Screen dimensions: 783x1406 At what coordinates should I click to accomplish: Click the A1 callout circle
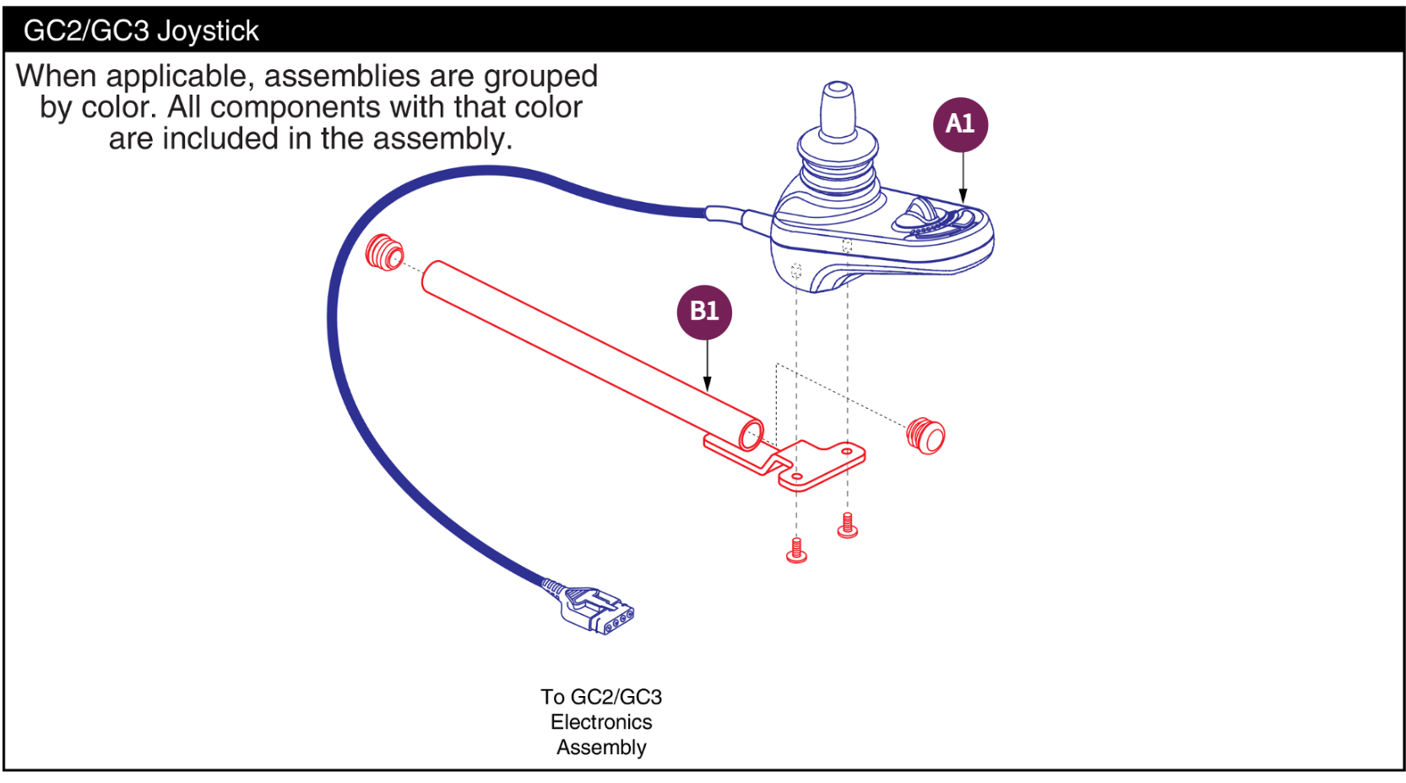point(960,124)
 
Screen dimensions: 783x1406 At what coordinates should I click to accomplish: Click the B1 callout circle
point(704,312)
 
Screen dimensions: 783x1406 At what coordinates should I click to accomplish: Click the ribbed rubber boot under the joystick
point(837,166)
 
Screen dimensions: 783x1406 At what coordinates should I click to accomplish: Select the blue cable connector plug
point(598,610)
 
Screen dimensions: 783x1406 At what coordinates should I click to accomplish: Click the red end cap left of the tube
point(384,252)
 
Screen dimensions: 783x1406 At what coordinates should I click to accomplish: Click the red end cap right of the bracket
point(926,435)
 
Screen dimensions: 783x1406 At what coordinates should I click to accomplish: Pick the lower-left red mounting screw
point(796,551)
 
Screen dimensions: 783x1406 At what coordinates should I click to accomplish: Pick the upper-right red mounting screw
point(848,525)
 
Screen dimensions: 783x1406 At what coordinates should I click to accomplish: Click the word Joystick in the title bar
point(208,30)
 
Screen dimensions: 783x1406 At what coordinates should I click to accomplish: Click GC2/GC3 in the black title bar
point(85,30)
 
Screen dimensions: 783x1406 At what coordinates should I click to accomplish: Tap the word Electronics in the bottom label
point(601,722)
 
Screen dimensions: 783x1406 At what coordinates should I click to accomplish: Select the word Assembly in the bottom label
point(601,748)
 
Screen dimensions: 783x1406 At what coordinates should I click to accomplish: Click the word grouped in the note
point(540,76)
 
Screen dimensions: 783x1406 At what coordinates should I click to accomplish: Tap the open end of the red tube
point(751,435)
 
